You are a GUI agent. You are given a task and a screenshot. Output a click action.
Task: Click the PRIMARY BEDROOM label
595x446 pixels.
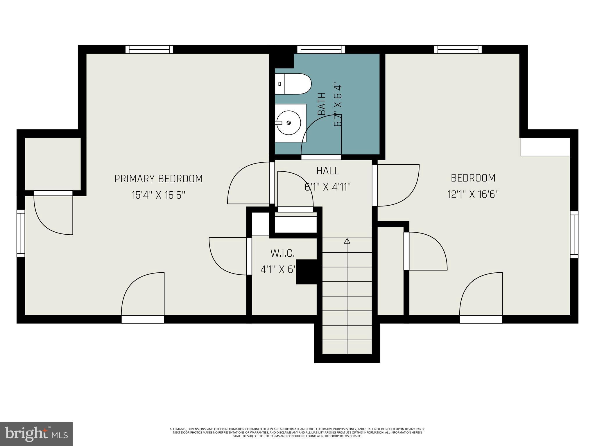coord(158,179)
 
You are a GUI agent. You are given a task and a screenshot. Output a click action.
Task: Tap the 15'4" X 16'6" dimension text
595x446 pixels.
coord(158,195)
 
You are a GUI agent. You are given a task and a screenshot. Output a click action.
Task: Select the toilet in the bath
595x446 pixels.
coord(293,84)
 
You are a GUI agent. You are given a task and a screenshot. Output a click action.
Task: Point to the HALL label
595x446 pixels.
coord(328,171)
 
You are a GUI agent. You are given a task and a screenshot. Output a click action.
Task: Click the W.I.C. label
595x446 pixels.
coord(283,253)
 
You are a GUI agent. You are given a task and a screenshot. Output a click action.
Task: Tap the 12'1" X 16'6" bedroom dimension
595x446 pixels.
coord(473,194)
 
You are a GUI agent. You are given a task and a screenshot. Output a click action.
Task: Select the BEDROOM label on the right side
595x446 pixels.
coord(473,178)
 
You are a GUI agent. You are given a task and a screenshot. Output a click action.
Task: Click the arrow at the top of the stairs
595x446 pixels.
coord(347,241)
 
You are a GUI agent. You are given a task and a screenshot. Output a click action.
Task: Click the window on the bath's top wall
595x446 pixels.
coord(323,50)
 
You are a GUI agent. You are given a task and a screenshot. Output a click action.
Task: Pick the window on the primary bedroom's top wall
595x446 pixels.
coord(149,50)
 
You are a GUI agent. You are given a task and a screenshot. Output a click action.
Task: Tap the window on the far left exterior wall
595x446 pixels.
coord(21,233)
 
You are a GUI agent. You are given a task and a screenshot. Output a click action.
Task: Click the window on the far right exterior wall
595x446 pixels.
coord(574,234)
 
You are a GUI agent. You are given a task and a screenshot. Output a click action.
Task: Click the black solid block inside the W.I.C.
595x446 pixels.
coord(306,271)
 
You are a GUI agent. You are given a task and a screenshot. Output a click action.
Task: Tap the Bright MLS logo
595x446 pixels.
coord(36,434)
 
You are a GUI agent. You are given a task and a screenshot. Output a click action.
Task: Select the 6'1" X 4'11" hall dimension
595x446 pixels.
coord(328,187)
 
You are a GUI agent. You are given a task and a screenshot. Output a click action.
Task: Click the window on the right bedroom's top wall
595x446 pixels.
coord(458,50)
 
